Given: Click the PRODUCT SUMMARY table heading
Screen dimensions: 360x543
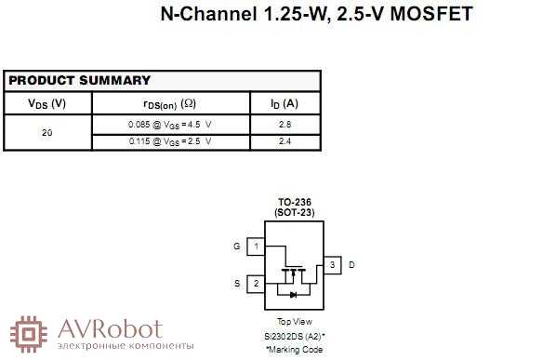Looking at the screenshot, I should pos(79,81).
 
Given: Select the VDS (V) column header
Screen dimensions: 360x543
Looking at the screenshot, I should pos(46,103).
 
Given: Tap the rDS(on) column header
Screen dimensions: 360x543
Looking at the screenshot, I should pos(169,103).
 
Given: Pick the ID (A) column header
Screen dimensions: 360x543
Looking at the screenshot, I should pos(285,103).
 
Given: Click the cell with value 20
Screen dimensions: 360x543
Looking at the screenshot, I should pos(46,133).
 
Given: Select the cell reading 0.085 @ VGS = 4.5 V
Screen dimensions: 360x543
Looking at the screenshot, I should pos(169,124).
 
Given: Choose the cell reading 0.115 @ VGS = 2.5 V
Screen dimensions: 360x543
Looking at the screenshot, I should pos(169,141).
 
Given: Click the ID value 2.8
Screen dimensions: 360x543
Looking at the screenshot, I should pos(285,124).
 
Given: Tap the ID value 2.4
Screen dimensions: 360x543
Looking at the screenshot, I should pos(285,141).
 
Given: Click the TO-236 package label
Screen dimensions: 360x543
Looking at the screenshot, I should pos(294,203).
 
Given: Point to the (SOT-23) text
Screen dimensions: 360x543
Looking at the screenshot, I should pos(294,213).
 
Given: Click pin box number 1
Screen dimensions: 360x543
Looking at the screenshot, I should pos(256,247).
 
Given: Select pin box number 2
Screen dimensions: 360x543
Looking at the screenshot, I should pos(256,283).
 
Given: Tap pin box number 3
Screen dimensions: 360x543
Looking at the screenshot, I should pos(332,265).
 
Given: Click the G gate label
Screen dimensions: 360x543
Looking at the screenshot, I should pos(236,247).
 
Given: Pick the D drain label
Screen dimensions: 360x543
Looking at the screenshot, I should pos(351,265).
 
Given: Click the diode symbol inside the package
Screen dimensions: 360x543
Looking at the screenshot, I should pos(294,294).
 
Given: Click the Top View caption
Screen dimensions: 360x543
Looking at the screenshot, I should pos(294,323).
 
